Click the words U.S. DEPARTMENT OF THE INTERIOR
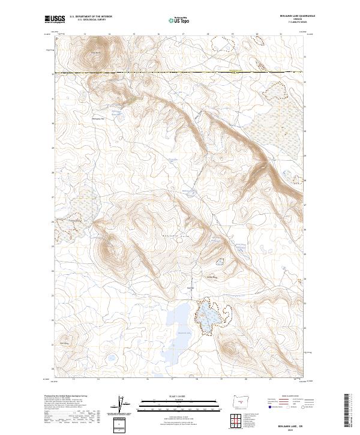90,17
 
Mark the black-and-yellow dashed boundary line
180,73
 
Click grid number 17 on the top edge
183,34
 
